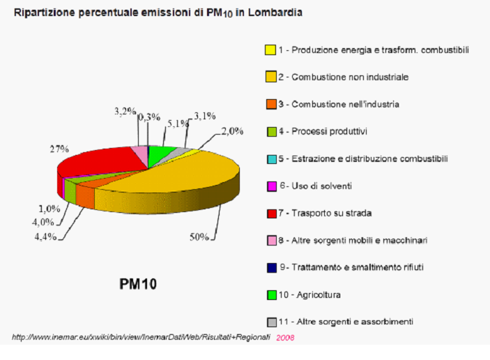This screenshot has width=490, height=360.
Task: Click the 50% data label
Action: (x=199, y=237)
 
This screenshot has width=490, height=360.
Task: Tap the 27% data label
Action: (x=59, y=149)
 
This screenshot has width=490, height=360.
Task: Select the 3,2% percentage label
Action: (x=124, y=111)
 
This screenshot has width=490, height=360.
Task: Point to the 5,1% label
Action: (x=176, y=123)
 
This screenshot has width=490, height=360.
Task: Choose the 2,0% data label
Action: (x=232, y=130)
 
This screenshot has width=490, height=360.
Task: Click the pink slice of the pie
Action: (x=139, y=153)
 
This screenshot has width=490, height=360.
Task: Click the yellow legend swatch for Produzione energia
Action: (x=270, y=50)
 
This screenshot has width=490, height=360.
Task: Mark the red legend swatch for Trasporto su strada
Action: (x=270, y=213)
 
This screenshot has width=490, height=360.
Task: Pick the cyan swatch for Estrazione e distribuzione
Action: (x=270, y=158)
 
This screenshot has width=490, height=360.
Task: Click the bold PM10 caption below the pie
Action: (x=137, y=284)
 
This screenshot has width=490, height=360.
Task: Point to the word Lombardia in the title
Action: (x=277, y=13)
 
